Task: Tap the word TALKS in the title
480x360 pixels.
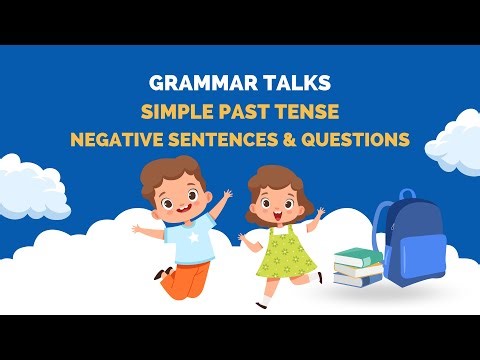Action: (293, 84)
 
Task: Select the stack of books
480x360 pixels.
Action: (358, 267)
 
